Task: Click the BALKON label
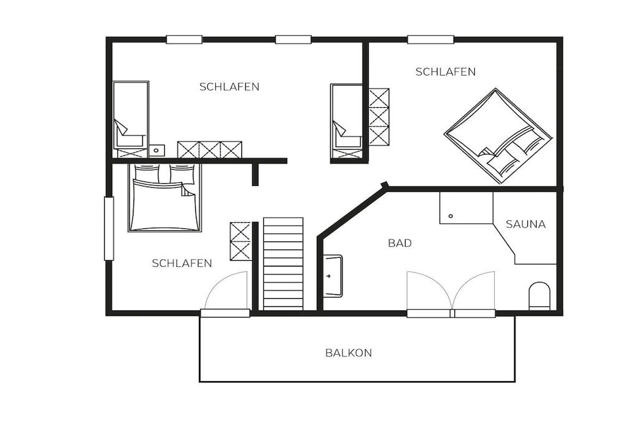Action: (x=348, y=352)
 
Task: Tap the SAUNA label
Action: (x=525, y=224)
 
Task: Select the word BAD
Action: (x=400, y=243)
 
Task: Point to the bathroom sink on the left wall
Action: (x=333, y=276)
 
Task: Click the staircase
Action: (x=283, y=264)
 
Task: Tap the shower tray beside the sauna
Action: (x=466, y=208)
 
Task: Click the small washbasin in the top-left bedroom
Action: (x=157, y=151)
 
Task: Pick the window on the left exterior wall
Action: (x=109, y=228)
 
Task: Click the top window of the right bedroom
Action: (x=431, y=39)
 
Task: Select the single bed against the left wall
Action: (x=130, y=119)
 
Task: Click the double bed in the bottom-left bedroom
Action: (x=165, y=198)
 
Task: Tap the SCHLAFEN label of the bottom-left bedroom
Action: (x=182, y=263)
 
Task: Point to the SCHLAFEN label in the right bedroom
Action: (x=446, y=72)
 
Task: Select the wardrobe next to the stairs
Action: (x=240, y=241)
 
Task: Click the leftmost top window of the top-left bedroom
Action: (x=184, y=39)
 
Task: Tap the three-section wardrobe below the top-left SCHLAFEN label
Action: (x=210, y=150)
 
